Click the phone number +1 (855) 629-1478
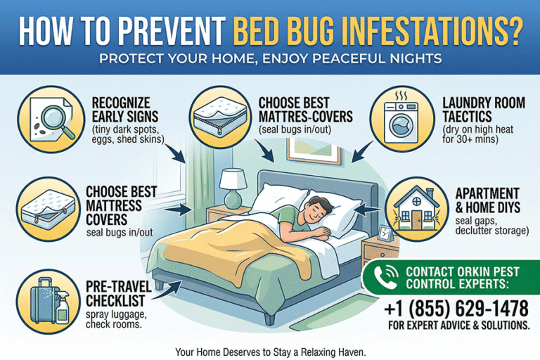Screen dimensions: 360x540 coord(456,307)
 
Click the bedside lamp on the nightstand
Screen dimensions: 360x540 coord(231,187)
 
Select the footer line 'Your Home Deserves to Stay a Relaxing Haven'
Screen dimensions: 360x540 coord(270,349)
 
